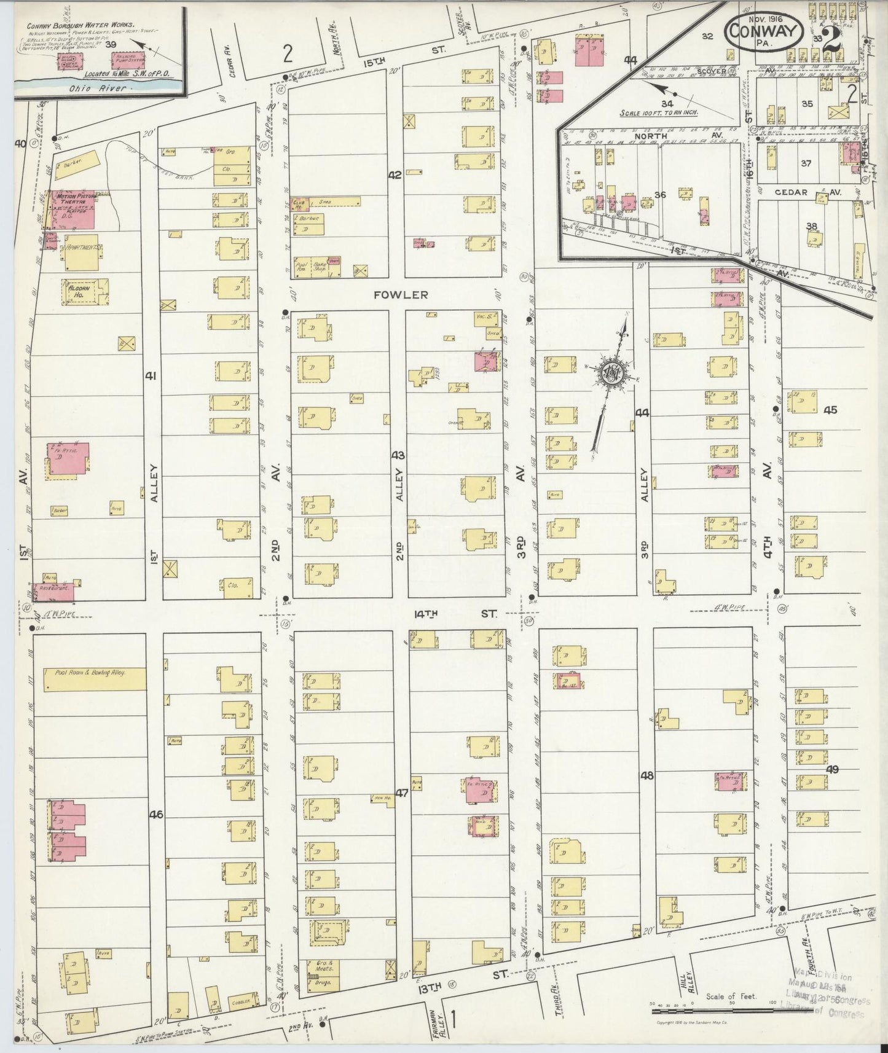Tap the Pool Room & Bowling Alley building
[95, 679]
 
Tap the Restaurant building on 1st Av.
[53, 592]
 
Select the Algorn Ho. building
[85, 292]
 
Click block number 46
[155, 815]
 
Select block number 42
[395, 175]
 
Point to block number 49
[832, 769]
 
